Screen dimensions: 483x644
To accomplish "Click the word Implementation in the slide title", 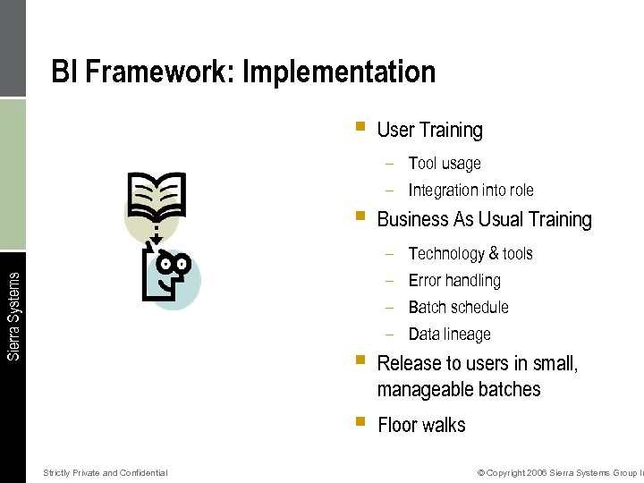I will [x=339, y=72].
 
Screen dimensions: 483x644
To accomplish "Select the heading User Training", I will [x=429, y=131].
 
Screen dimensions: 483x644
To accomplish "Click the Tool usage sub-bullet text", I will [x=445, y=164].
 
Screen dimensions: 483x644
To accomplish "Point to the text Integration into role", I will [x=470, y=191].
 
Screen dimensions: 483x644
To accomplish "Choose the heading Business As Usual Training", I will [x=484, y=220].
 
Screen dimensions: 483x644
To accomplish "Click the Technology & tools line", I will [x=470, y=254].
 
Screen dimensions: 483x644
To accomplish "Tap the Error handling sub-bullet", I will [x=454, y=281].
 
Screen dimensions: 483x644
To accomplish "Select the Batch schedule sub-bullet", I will [x=458, y=308].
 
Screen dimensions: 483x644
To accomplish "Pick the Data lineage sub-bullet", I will [x=449, y=335].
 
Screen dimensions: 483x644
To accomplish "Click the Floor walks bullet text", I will [x=421, y=425].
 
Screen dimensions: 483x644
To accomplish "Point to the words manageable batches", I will [x=459, y=390].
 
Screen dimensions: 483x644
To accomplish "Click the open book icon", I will [x=157, y=195].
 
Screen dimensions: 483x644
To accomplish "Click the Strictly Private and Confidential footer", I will [x=105, y=472].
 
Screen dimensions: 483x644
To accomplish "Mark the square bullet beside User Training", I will [x=360, y=127].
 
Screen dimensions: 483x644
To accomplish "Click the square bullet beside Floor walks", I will [x=360, y=420].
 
